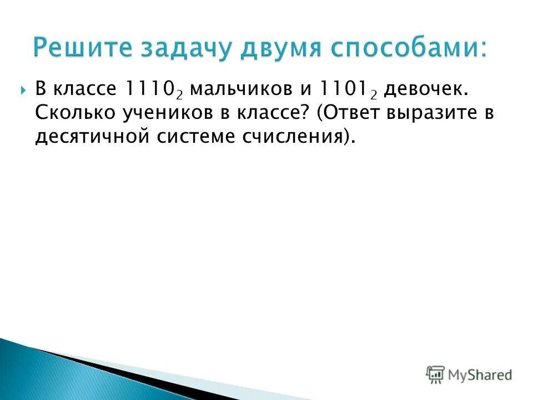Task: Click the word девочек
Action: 420,89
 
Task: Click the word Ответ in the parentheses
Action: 354,113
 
